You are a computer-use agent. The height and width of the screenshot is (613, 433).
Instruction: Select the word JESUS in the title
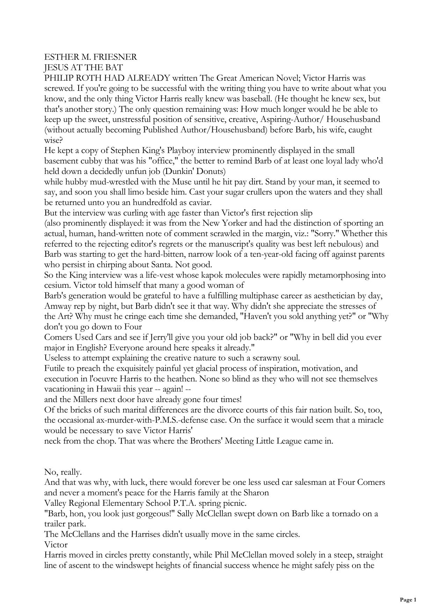point(56,67)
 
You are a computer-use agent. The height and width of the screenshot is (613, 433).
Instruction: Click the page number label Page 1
point(408,600)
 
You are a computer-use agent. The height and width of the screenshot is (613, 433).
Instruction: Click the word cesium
point(56,285)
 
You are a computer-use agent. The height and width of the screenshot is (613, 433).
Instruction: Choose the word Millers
point(86,399)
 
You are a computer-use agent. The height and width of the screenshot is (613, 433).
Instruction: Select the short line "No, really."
point(63,472)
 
